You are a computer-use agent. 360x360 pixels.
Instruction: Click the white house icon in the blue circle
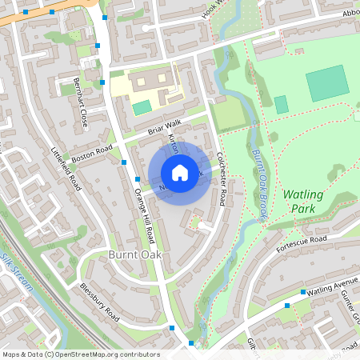point(180,173)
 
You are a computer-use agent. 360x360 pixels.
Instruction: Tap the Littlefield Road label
point(67,168)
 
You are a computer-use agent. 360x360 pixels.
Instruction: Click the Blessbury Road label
point(98,305)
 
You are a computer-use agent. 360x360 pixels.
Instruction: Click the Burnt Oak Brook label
point(258,174)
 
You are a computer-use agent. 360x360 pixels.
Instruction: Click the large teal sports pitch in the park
point(327,83)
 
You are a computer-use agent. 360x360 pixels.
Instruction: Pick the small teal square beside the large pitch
point(281,104)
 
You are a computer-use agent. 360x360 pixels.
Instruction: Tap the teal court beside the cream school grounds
point(142,107)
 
